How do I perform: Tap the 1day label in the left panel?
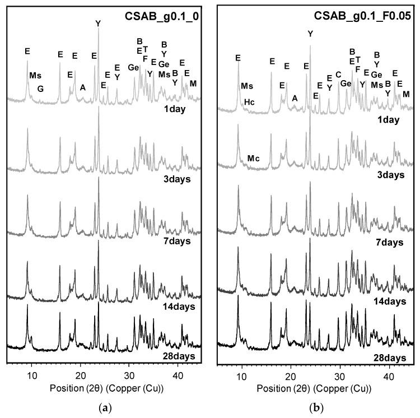(x=176, y=108)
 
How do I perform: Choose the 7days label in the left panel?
(x=174, y=241)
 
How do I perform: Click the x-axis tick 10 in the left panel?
(x=31, y=373)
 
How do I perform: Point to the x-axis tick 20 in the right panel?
(x=291, y=373)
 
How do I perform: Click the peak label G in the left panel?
(x=40, y=89)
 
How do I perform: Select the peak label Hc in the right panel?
(x=250, y=102)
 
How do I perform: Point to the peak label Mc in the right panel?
(x=253, y=159)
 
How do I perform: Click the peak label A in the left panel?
(x=83, y=87)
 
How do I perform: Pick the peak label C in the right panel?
(x=338, y=74)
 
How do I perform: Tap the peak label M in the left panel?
(x=193, y=83)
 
